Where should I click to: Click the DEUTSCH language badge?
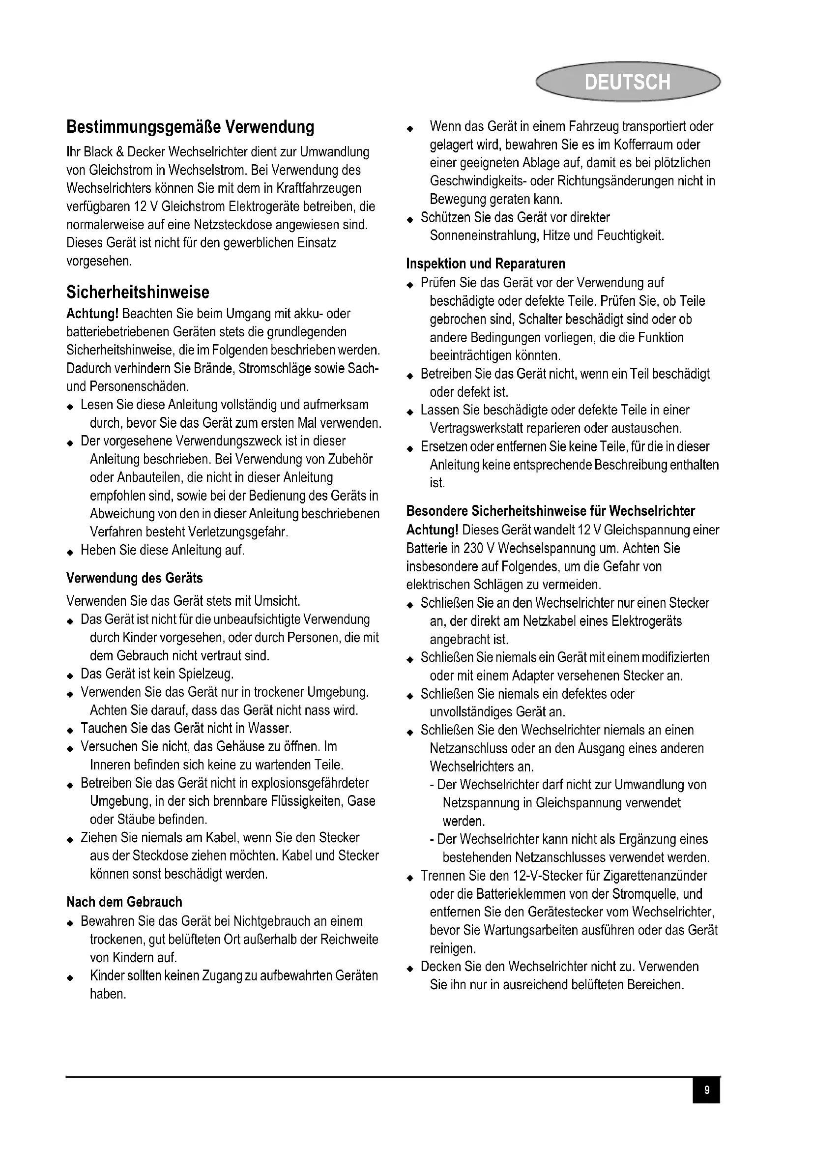627,82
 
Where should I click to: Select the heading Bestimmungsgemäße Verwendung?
190,127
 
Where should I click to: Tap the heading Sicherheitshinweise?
138,292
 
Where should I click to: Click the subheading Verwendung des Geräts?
134,578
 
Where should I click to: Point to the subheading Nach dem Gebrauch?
124,902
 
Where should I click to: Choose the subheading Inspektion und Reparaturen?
486,264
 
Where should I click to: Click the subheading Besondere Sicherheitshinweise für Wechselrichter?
551,511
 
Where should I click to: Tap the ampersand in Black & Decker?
119,152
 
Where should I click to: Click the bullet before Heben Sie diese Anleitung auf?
70,552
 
